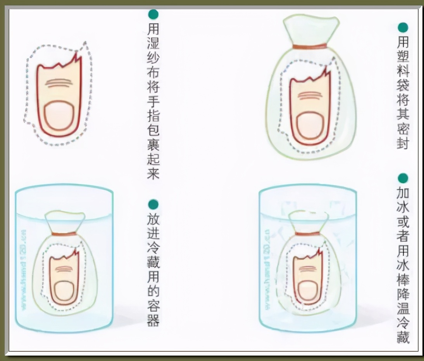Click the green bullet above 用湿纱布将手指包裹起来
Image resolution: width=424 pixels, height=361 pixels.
point(153,14)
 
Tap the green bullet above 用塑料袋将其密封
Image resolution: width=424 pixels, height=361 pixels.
point(403,28)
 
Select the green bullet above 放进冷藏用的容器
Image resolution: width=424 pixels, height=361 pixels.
point(153,204)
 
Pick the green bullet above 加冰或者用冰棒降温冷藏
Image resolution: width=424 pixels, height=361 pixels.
point(403,178)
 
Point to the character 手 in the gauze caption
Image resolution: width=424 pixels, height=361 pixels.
point(153,101)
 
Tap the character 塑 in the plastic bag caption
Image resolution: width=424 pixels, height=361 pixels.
point(403,57)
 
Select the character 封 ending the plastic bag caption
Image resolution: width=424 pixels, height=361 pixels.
point(403,144)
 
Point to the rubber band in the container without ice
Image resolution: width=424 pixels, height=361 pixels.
point(64,234)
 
